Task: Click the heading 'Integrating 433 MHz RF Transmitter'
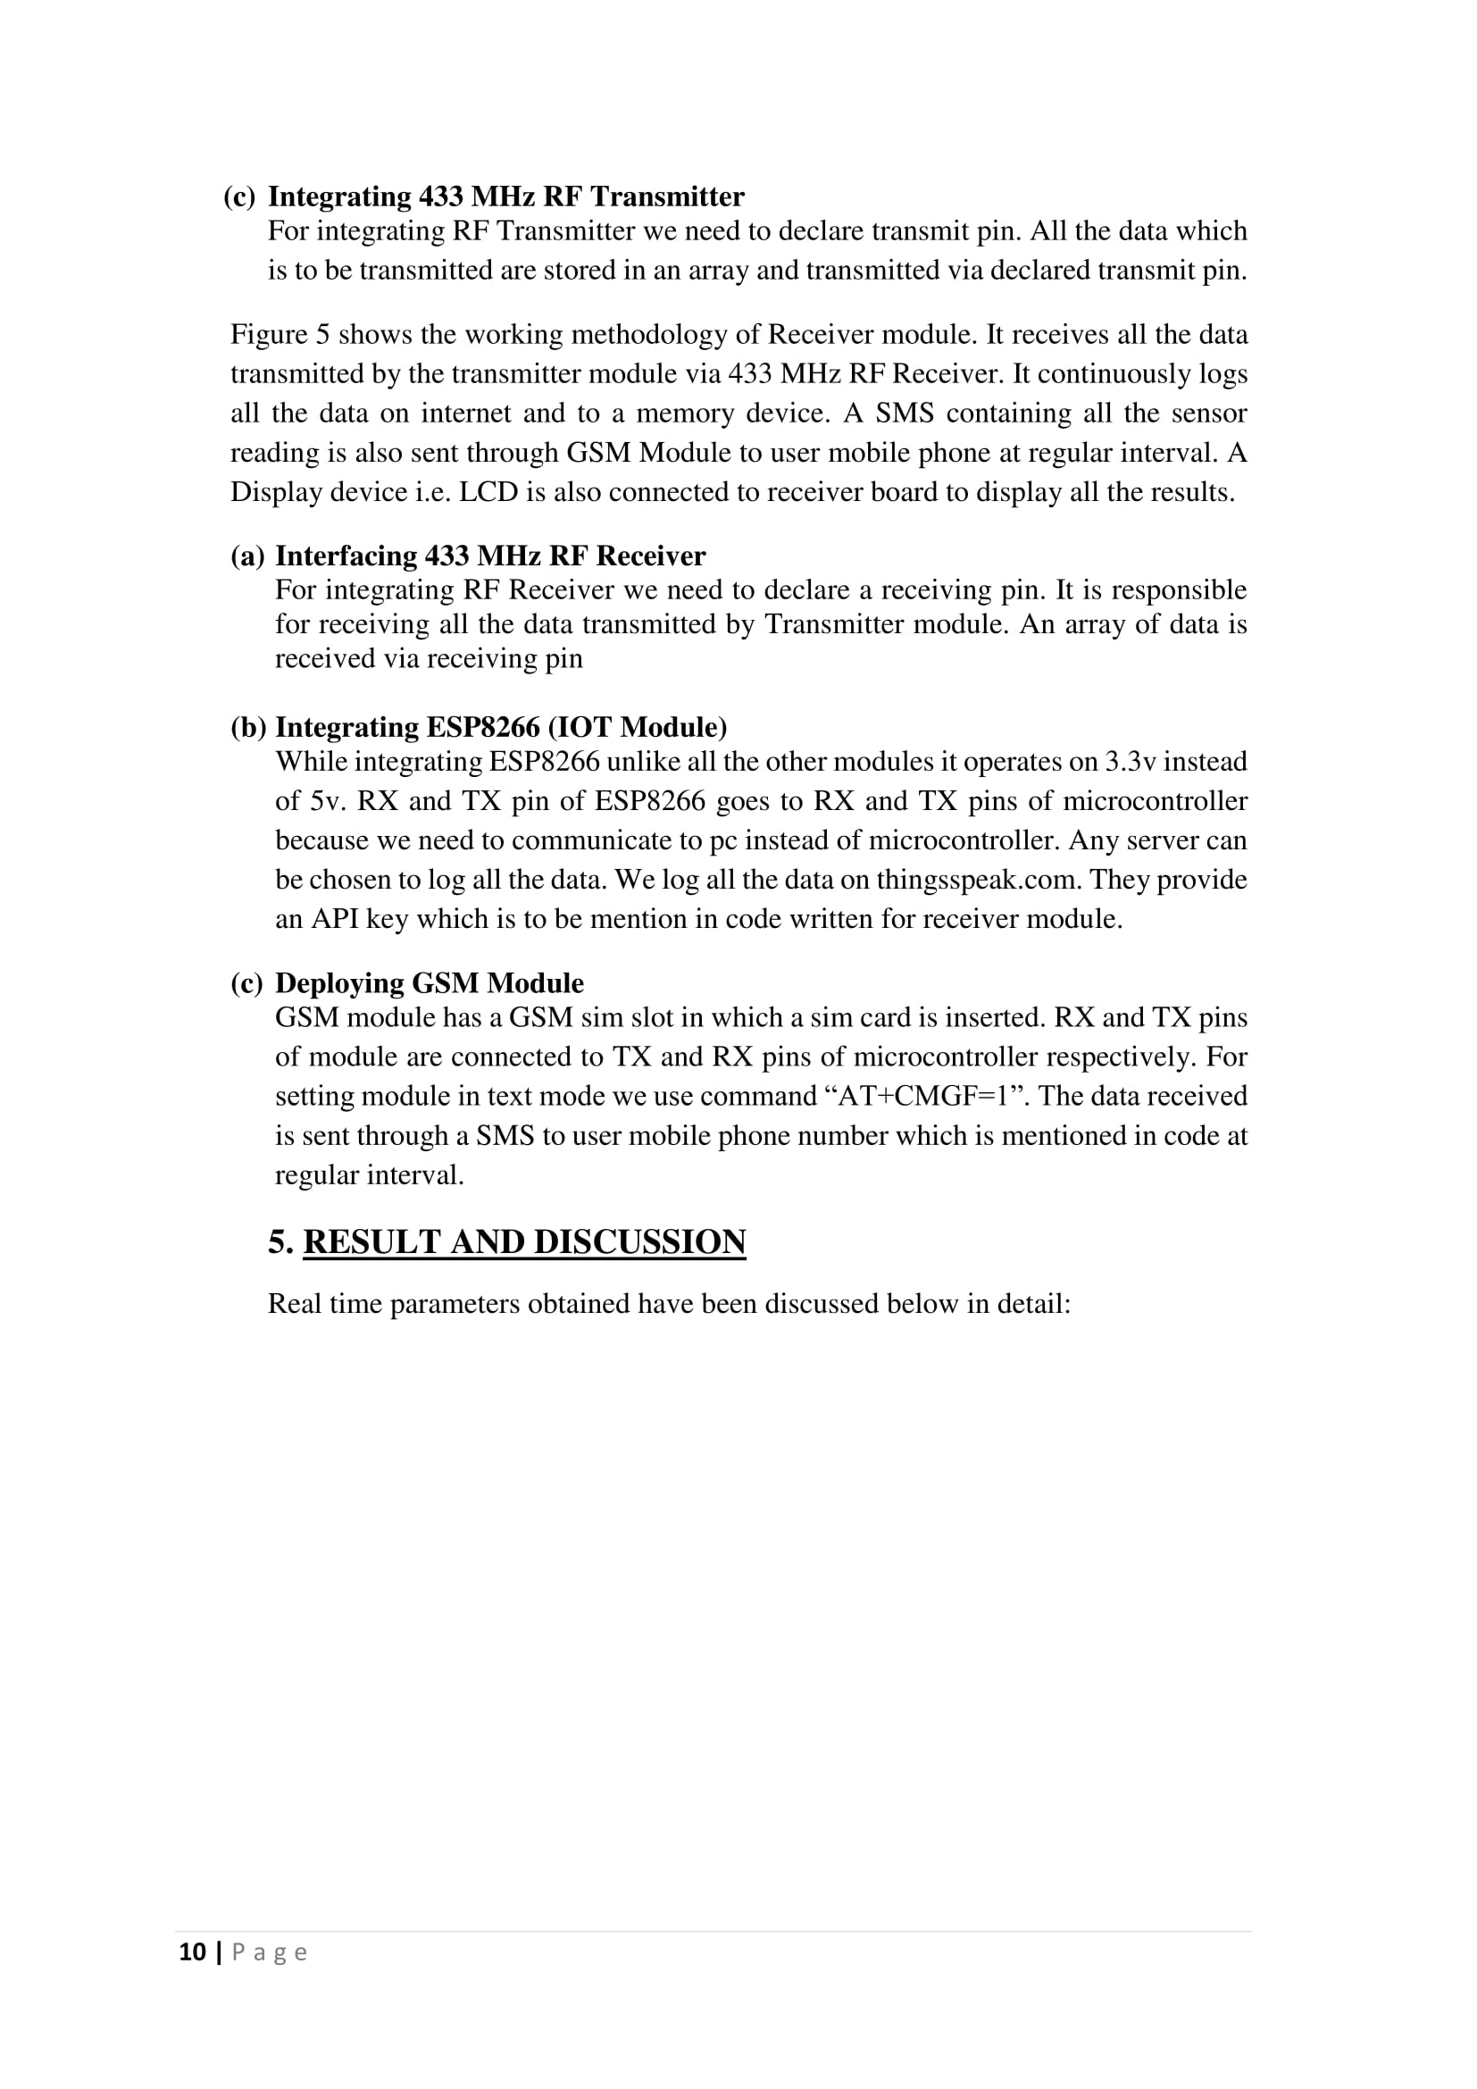pos(505,196)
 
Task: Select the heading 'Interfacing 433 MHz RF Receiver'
pos(490,556)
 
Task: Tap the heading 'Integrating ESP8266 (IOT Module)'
pos(501,727)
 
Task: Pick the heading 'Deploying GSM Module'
pos(430,982)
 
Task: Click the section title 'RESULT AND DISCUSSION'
pos(524,1242)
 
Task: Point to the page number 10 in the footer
pos(192,1952)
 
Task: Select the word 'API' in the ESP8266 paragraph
pos(336,919)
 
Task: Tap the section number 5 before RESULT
pos(276,1242)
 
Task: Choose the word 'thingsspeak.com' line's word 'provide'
pos(1201,880)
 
